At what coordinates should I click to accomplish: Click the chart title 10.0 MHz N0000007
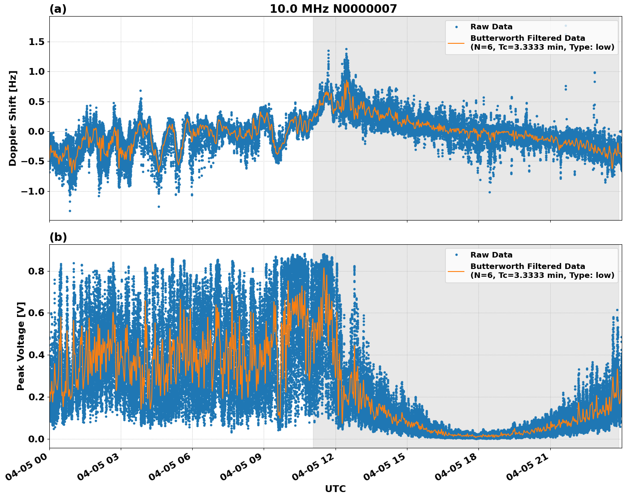[x=333, y=9]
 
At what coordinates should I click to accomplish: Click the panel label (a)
[x=58, y=9]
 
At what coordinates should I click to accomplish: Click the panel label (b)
[x=58, y=237]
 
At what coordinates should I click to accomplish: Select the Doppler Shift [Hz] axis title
[x=13, y=118]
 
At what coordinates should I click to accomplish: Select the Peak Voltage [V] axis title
[x=21, y=346]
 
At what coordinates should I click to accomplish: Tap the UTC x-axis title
[x=335, y=489]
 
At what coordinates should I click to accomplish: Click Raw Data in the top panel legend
[x=491, y=27]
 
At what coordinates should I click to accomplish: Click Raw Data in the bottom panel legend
[x=491, y=255]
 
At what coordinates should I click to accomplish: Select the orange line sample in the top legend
[x=456, y=42]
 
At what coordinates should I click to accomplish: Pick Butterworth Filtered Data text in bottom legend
[x=527, y=266]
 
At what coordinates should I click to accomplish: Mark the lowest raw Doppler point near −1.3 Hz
[x=70, y=211]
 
